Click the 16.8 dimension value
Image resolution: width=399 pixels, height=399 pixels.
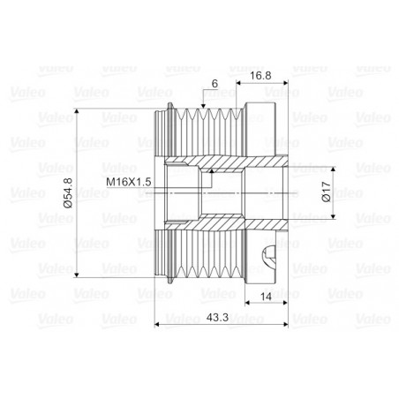260,76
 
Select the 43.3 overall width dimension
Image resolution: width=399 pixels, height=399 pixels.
217,318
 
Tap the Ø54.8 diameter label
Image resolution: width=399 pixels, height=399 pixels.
68,193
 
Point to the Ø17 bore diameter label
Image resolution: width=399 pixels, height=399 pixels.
327,192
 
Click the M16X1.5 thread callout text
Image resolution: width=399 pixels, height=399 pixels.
129,182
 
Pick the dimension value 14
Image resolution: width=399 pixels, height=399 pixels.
266,297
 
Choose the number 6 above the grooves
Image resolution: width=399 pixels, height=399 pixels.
215,84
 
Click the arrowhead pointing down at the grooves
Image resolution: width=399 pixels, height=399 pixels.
203,106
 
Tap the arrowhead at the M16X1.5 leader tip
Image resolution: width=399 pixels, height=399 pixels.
212,171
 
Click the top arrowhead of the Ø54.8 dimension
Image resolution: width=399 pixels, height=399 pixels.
77,111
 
